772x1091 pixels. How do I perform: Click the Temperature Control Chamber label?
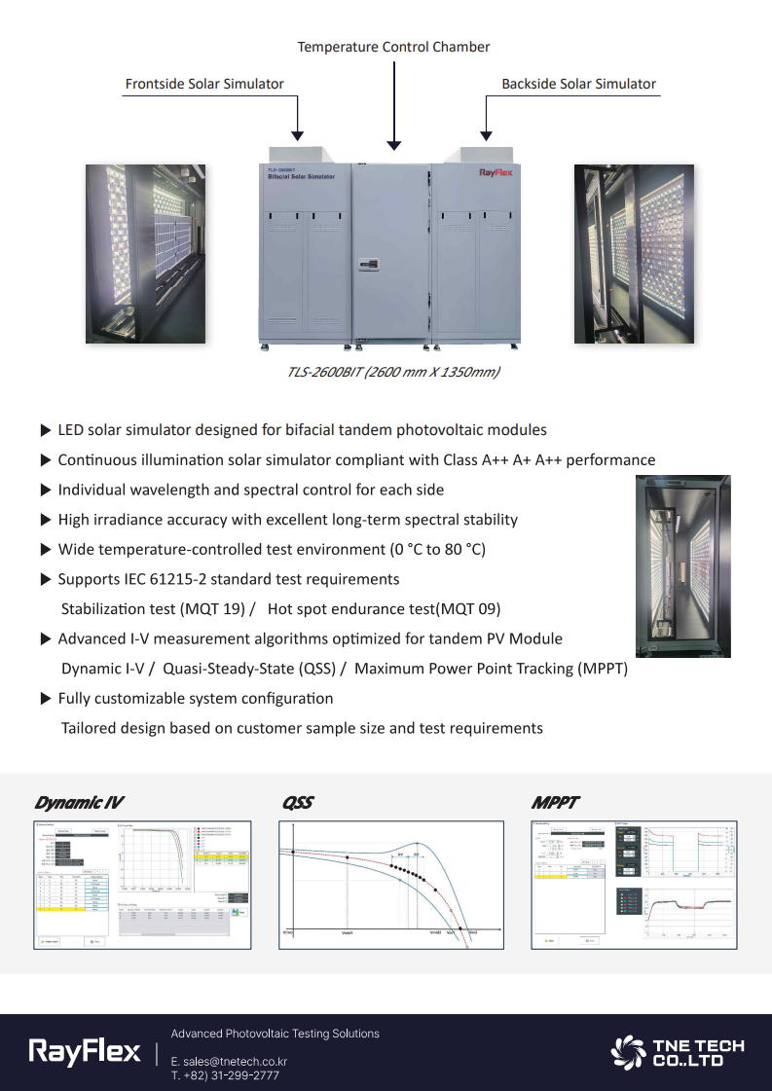(x=393, y=47)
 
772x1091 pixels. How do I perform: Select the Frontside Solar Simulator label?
(x=204, y=84)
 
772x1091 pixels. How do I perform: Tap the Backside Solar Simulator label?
(x=578, y=84)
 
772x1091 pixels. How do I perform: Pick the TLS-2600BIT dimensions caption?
(x=393, y=372)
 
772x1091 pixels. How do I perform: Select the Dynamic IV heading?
(x=79, y=803)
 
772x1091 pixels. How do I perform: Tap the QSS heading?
(x=297, y=803)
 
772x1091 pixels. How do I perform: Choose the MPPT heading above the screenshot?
(x=555, y=803)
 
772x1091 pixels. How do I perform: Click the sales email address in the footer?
(x=229, y=1061)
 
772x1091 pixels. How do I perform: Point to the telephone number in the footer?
(x=225, y=1075)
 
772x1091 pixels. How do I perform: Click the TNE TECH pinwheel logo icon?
(x=628, y=1052)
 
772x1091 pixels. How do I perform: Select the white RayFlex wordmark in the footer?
(x=85, y=1052)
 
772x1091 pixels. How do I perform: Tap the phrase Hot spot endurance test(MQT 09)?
(x=384, y=609)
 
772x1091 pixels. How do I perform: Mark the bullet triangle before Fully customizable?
(x=45, y=699)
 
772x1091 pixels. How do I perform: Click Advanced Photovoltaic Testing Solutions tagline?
(x=275, y=1034)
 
